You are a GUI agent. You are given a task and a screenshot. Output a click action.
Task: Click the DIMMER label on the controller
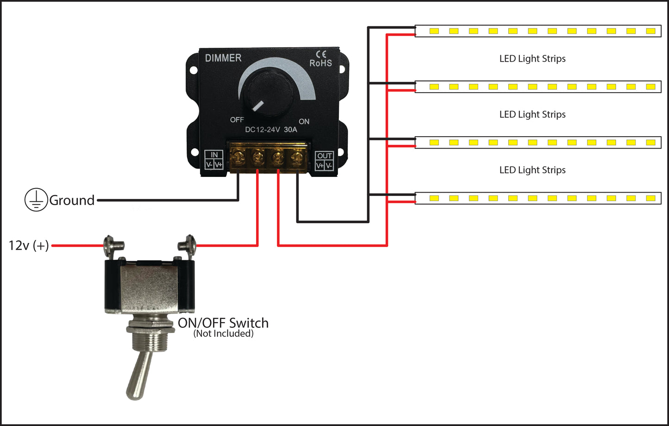tap(223, 58)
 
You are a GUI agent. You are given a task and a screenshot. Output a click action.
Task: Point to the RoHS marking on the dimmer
tap(320, 63)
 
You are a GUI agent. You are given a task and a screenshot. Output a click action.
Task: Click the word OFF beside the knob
tap(237, 120)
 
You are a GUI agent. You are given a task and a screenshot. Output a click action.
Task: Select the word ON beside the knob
tap(304, 121)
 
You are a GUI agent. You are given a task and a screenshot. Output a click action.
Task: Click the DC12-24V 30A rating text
tap(271, 130)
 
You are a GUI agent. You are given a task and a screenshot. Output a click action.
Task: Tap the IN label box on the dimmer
tap(214, 160)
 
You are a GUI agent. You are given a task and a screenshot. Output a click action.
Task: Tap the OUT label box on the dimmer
tap(324, 160)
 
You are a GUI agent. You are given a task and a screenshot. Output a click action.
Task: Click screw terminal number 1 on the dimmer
tap(238, 158)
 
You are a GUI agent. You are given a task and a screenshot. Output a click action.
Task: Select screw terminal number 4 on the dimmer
tap(297, 158)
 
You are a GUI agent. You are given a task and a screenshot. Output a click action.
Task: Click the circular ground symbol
tap(36, 200)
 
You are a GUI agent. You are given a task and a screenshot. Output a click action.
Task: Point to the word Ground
tap(72, 200)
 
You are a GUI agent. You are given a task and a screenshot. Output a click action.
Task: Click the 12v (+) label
tap(29, 245)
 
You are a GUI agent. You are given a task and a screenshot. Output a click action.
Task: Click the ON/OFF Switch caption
tap(223, 323)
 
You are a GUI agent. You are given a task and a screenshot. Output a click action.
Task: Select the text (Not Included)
tap(223, 333)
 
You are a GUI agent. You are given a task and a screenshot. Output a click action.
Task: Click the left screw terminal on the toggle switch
tap(111, 242)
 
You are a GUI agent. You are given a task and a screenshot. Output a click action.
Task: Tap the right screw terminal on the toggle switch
tap(188, 242)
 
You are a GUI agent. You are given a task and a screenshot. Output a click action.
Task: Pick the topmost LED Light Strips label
tap(532, 59)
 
